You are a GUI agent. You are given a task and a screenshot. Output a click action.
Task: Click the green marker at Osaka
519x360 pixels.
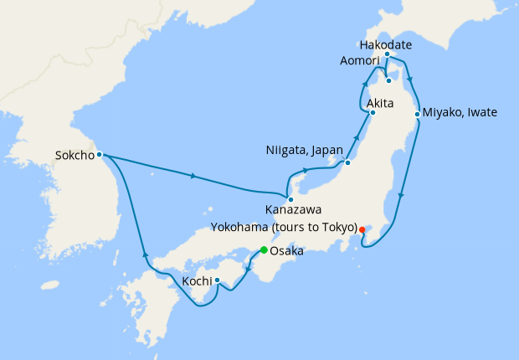pyautogui.click(x=264, y=250)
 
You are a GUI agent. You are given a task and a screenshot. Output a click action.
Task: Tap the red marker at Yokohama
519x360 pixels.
pyautogui.click(x=362, y=229)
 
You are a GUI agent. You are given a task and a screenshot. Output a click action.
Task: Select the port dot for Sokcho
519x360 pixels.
pyautogui.click(x=99, y=154)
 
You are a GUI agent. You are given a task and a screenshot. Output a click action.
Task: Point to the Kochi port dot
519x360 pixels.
pyautogui.click(x=217, y=280)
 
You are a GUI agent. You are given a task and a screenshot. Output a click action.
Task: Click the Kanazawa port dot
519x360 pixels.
pyautogui.click(x=290, y=199)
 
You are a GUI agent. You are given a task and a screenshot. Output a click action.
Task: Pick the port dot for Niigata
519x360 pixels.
pyautogui.click(x=347, y=162)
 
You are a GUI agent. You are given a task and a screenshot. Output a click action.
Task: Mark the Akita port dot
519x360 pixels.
pyautogui.click(x=372, y=112)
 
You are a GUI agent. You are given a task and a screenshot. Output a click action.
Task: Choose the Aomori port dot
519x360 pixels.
pyautogui.click(x=388, y=81)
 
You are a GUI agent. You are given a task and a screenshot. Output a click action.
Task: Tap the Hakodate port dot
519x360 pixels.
pyautogui.click(x=387, y=54)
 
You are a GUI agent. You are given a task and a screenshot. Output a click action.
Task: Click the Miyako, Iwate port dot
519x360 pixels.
pyautogui.click(x=417, y=113)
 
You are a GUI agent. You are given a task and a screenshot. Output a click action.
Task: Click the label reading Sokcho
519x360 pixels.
pyautogui.click(x=73, y=154)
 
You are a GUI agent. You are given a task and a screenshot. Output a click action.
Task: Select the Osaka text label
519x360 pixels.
pyautogui.click(x=286, y=250)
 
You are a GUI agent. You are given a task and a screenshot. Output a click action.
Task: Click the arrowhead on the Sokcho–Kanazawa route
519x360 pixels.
pyautogui.click(x=194, y=176)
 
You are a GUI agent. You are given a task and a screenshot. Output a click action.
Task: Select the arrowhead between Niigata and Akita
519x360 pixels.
pyautogui.click(x=358, y=137)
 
